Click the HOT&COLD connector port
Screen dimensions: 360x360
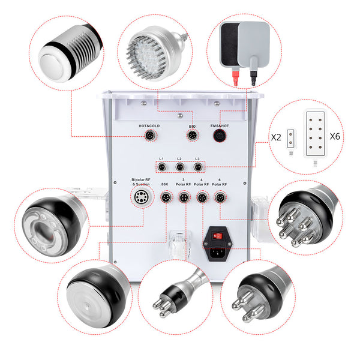click(x=148, y=136)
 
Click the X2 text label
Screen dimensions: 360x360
click(x=276, y=137)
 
